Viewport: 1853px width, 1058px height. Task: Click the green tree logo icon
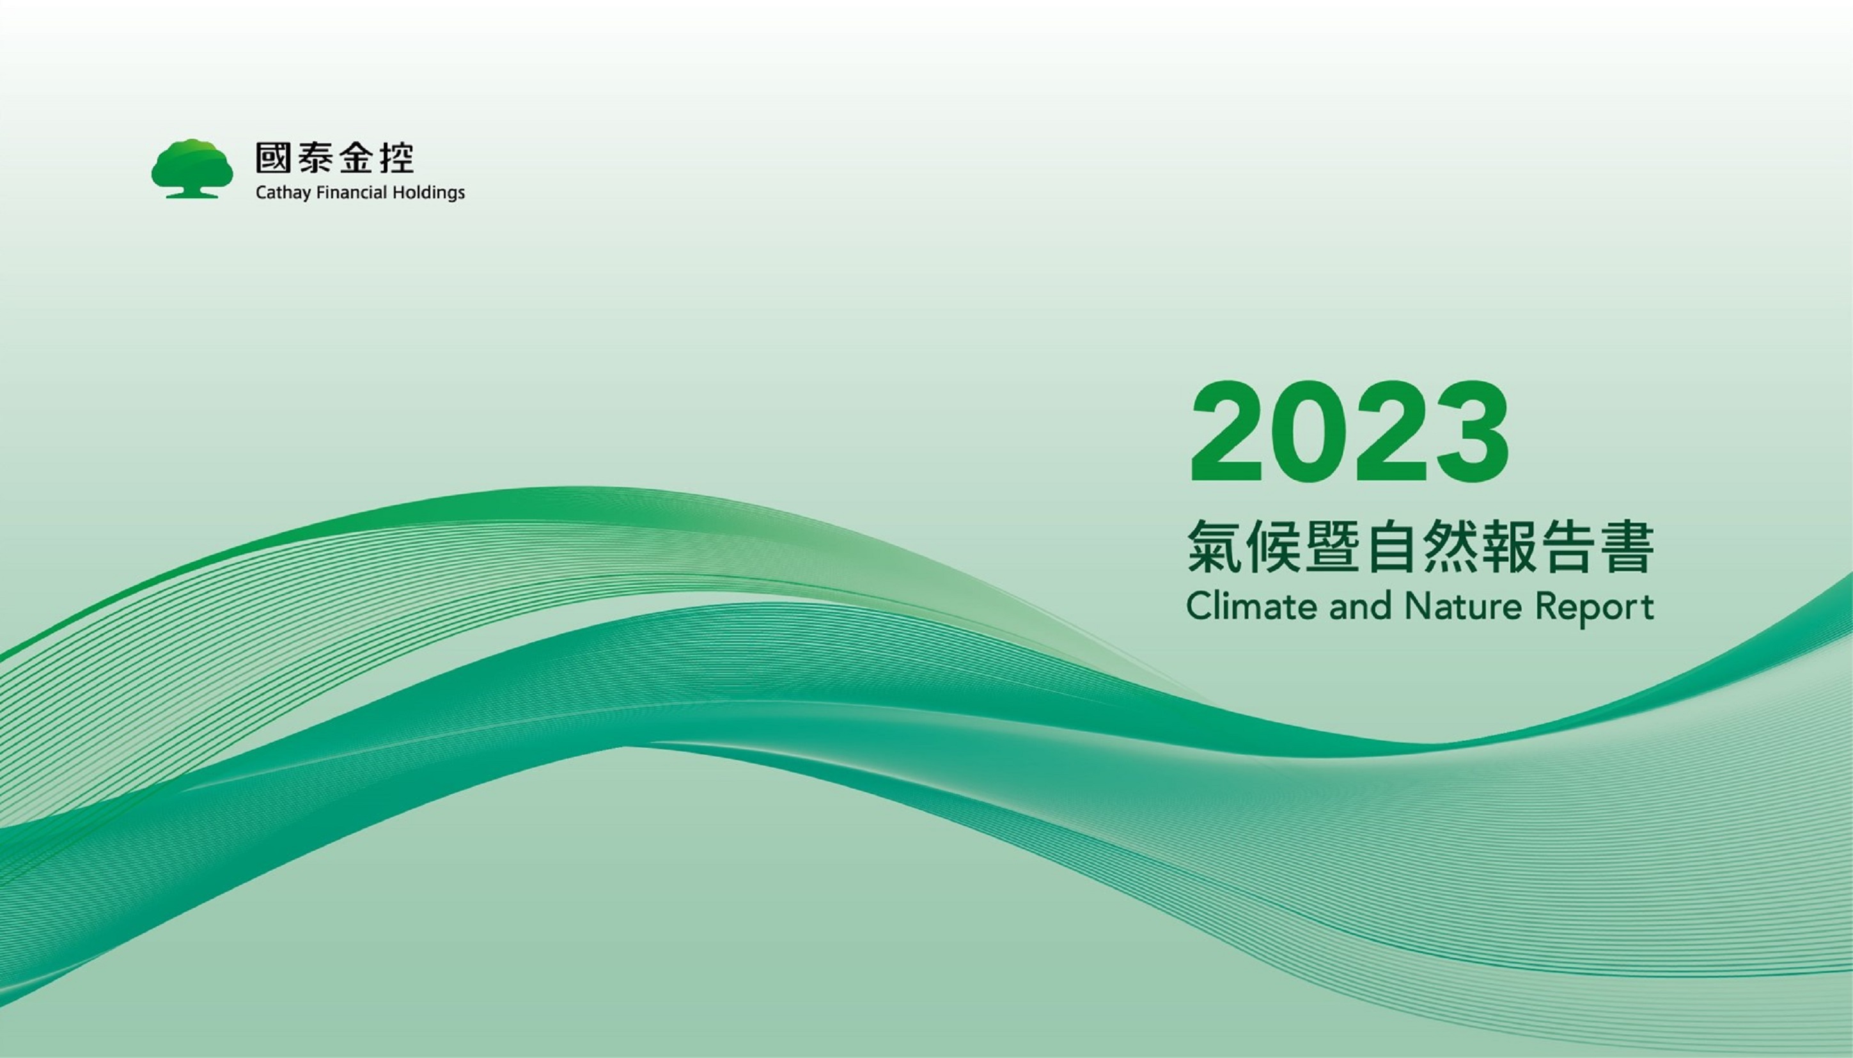tap(192, 169)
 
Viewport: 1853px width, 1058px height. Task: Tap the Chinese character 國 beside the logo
tap(274, 158)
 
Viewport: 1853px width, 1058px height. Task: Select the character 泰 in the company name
tap(317, 158)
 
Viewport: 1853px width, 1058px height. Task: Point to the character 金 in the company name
tap(357, 158)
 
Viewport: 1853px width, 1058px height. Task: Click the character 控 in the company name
tap(396, 158)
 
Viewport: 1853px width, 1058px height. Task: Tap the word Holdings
tap(428, 193)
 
